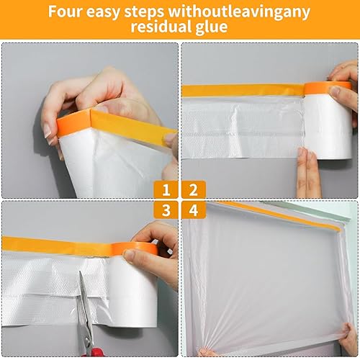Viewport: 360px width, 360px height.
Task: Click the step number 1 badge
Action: point(166,189)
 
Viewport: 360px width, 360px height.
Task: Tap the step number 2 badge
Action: point(194,189)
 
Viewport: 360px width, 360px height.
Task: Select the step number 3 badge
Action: point(166,210)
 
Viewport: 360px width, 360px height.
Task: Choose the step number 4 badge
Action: point(194,210)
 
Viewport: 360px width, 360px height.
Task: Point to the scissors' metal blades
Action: point(84,310)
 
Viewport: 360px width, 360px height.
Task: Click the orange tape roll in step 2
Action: point(328,89)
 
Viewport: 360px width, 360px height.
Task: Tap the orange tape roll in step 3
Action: point(135,249)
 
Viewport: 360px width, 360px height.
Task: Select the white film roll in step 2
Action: point(328,127)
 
